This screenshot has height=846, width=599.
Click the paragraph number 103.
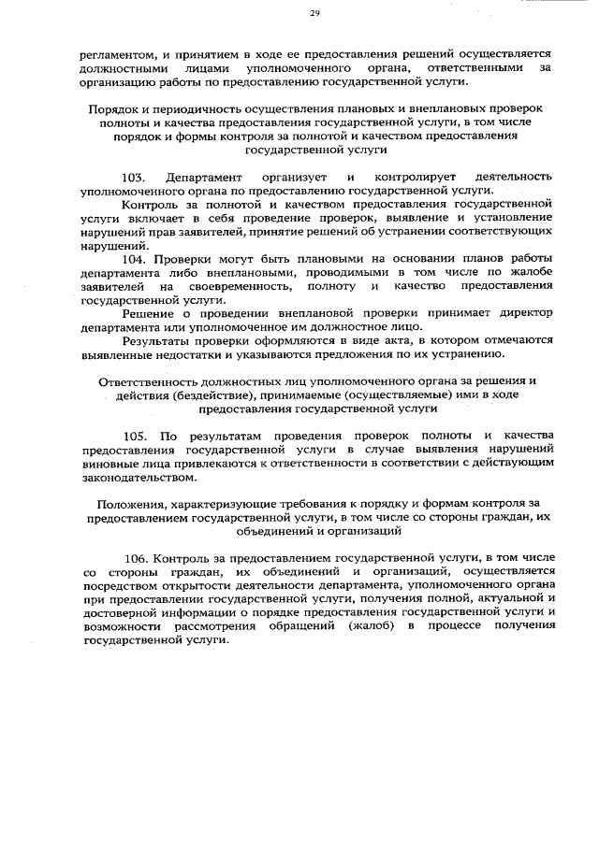[x=135, y=178]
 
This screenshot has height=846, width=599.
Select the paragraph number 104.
[x=135, y=257]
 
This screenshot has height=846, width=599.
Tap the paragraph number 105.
[x=135, y=436]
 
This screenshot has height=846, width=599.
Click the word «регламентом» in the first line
[x=114, y=54]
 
